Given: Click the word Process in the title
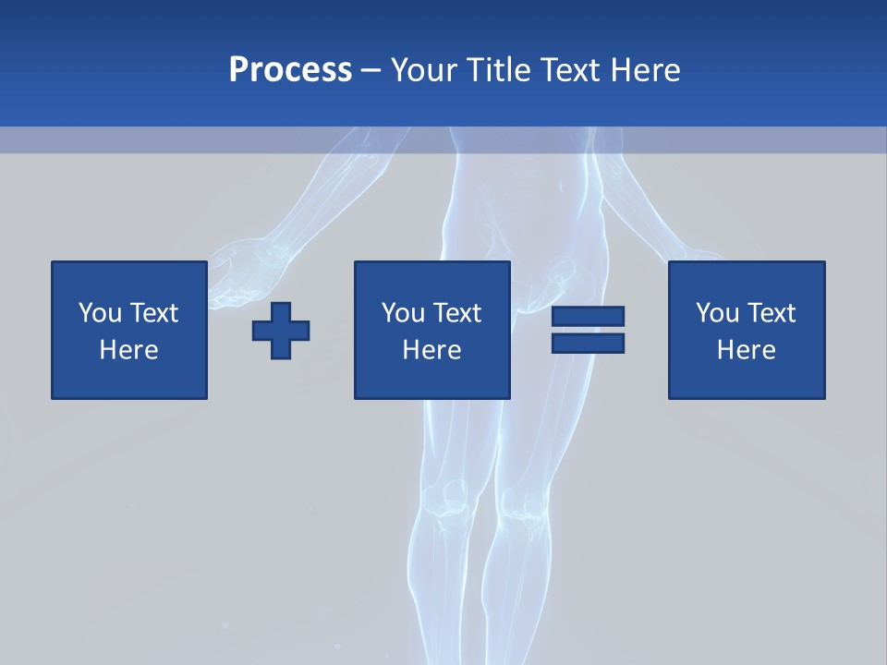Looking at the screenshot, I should [x=290, y=70].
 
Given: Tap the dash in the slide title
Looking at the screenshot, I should [x=371, y=70].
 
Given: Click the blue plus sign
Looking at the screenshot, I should [x=281, y=330].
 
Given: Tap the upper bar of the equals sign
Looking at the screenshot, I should [x=588, y=316].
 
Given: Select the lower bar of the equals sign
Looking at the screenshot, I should [x=588, y=343].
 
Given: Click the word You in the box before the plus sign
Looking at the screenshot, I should [x=100, y=313].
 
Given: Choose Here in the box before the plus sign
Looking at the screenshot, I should [x=128, y=350].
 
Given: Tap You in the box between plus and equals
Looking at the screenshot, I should [x=403, y=313].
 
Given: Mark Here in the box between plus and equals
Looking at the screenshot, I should [x=431, y=350].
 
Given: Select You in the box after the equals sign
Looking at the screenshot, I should [x=717, y=313].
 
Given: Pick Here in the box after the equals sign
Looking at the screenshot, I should [x=746, y=350].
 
